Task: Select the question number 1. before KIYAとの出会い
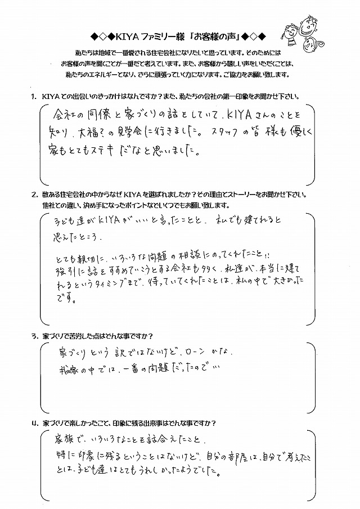(33, 97)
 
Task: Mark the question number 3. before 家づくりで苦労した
(33, 337)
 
